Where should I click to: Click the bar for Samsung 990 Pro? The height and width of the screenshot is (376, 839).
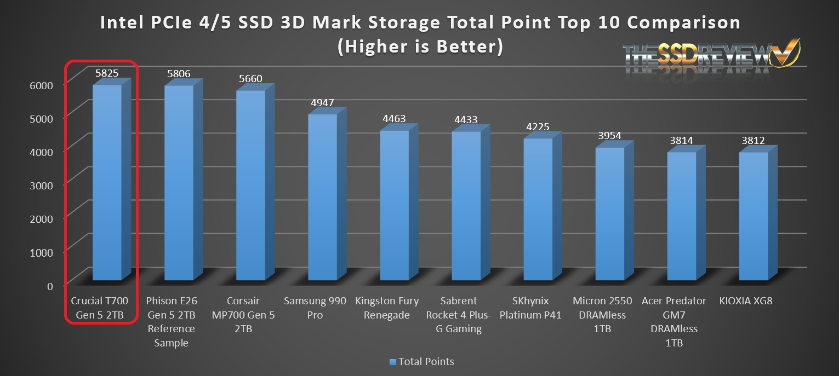click(x=322, y=197)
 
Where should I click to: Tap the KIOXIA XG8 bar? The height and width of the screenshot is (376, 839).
click(x=754, y=216)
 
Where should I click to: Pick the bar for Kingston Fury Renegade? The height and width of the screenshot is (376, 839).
click(x=394, y=205)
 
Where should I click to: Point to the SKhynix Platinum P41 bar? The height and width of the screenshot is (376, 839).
click(x=538, y=209)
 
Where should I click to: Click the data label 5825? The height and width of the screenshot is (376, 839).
click(x=106, y=72)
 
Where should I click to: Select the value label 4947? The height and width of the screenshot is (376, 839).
click(x=322, y=102)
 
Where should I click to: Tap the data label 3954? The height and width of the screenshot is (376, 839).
click(x=609, y=135)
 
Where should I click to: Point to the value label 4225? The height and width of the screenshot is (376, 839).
click(x=537, y=126)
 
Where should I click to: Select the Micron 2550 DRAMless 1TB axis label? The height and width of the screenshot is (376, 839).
click(x=602, y=315)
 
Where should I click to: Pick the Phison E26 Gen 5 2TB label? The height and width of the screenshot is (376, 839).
click(x=172, y=322)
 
